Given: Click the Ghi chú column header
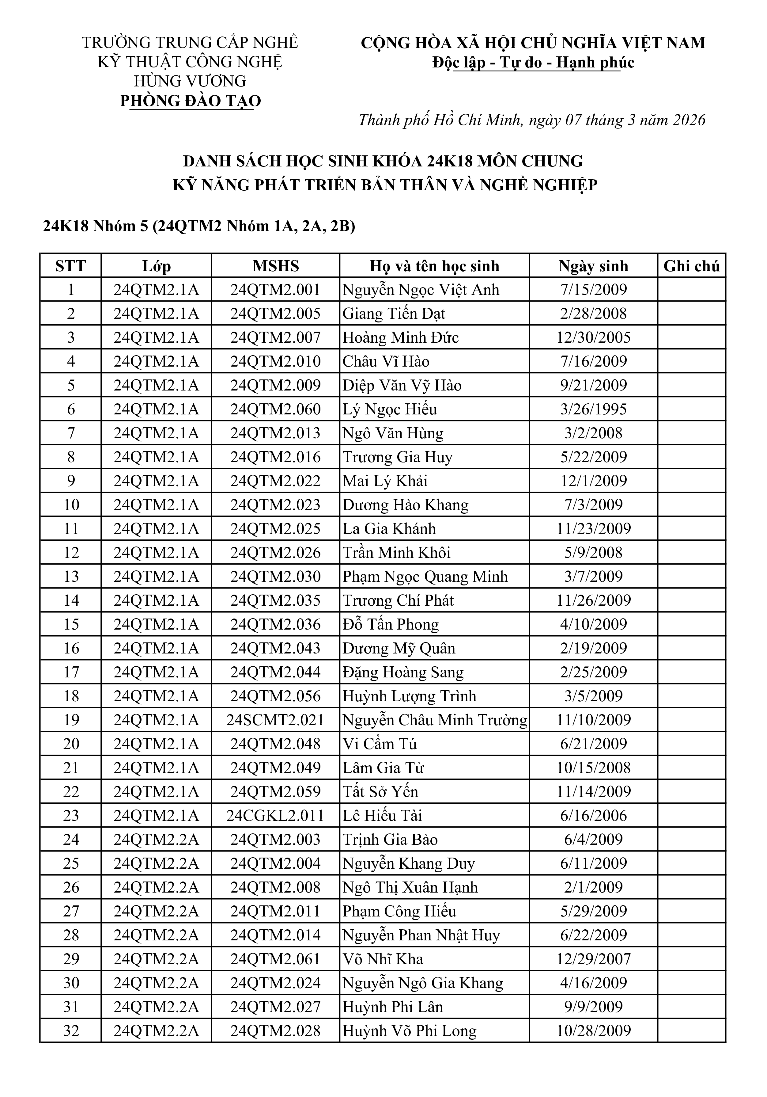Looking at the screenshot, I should coord(691,266).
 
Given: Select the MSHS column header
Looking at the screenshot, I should coord(276,266).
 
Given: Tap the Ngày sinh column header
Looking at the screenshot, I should coord(593,266).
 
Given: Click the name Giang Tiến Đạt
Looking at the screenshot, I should coord(394,314).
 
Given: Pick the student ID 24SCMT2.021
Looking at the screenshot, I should coord(276,720).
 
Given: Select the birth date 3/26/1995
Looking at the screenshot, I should coord(593,409).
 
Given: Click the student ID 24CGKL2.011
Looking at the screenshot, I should coord(276,816).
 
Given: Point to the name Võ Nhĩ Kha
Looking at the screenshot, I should coord(383,959).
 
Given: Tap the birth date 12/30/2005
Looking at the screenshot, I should coord(593,338).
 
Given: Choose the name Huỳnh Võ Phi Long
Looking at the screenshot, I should coord(409,1030).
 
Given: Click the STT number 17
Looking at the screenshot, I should coord(71,672).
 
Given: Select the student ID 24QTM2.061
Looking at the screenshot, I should coord(276,959).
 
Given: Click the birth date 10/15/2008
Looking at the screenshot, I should coord(593,768).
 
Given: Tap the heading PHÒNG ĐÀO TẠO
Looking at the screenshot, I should coord(191,101).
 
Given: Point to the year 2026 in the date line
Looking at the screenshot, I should coord(689,120).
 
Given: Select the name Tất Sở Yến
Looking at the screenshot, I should coord(380,792).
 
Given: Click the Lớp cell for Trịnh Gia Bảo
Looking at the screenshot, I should coord(156,840).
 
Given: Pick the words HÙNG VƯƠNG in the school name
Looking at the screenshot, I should coord(190,81).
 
